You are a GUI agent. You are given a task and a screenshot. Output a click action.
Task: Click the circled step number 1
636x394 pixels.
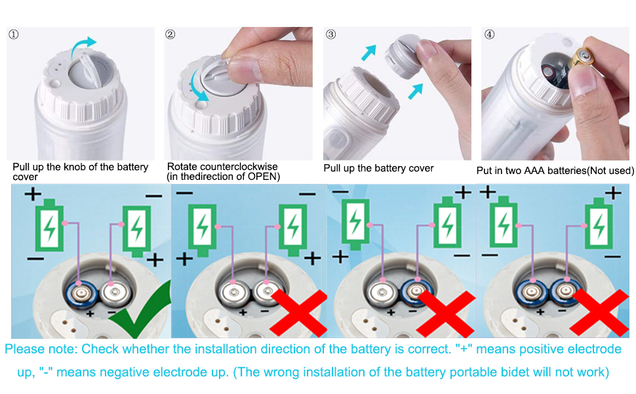click(x=13, y=35)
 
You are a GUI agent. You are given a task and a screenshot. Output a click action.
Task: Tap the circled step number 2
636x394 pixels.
click(x=170, y=35)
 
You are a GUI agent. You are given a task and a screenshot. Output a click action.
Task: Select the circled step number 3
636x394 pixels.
click(x=330, y=35)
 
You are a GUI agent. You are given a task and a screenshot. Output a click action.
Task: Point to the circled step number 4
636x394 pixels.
click(x=490, y=35)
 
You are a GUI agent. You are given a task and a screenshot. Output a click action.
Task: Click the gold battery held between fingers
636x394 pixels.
click(x=584, y=57)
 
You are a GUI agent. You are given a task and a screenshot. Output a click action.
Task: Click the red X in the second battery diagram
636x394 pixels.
click(x=299, y=313)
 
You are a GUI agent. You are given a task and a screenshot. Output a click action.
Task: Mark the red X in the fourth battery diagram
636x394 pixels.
click(x=599, y=313)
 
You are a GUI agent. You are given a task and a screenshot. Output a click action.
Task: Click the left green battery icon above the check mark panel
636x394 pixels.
click(x=49, y=225)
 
